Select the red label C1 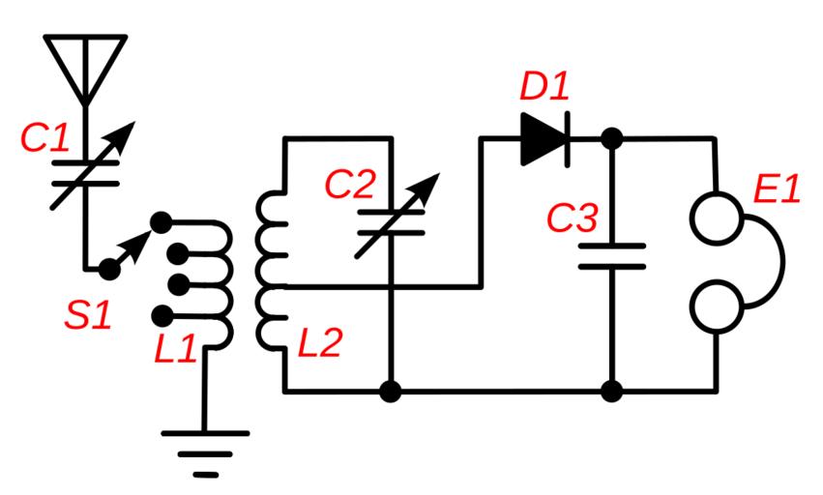point(45,138)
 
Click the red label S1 point(88,315)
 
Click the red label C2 point(350,185)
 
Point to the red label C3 point(573,218)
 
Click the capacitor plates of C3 point(611,256)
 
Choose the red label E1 point(778,189)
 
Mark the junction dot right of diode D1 point(611,139)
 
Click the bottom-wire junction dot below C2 point(390,392)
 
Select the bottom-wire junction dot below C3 point(611,392)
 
